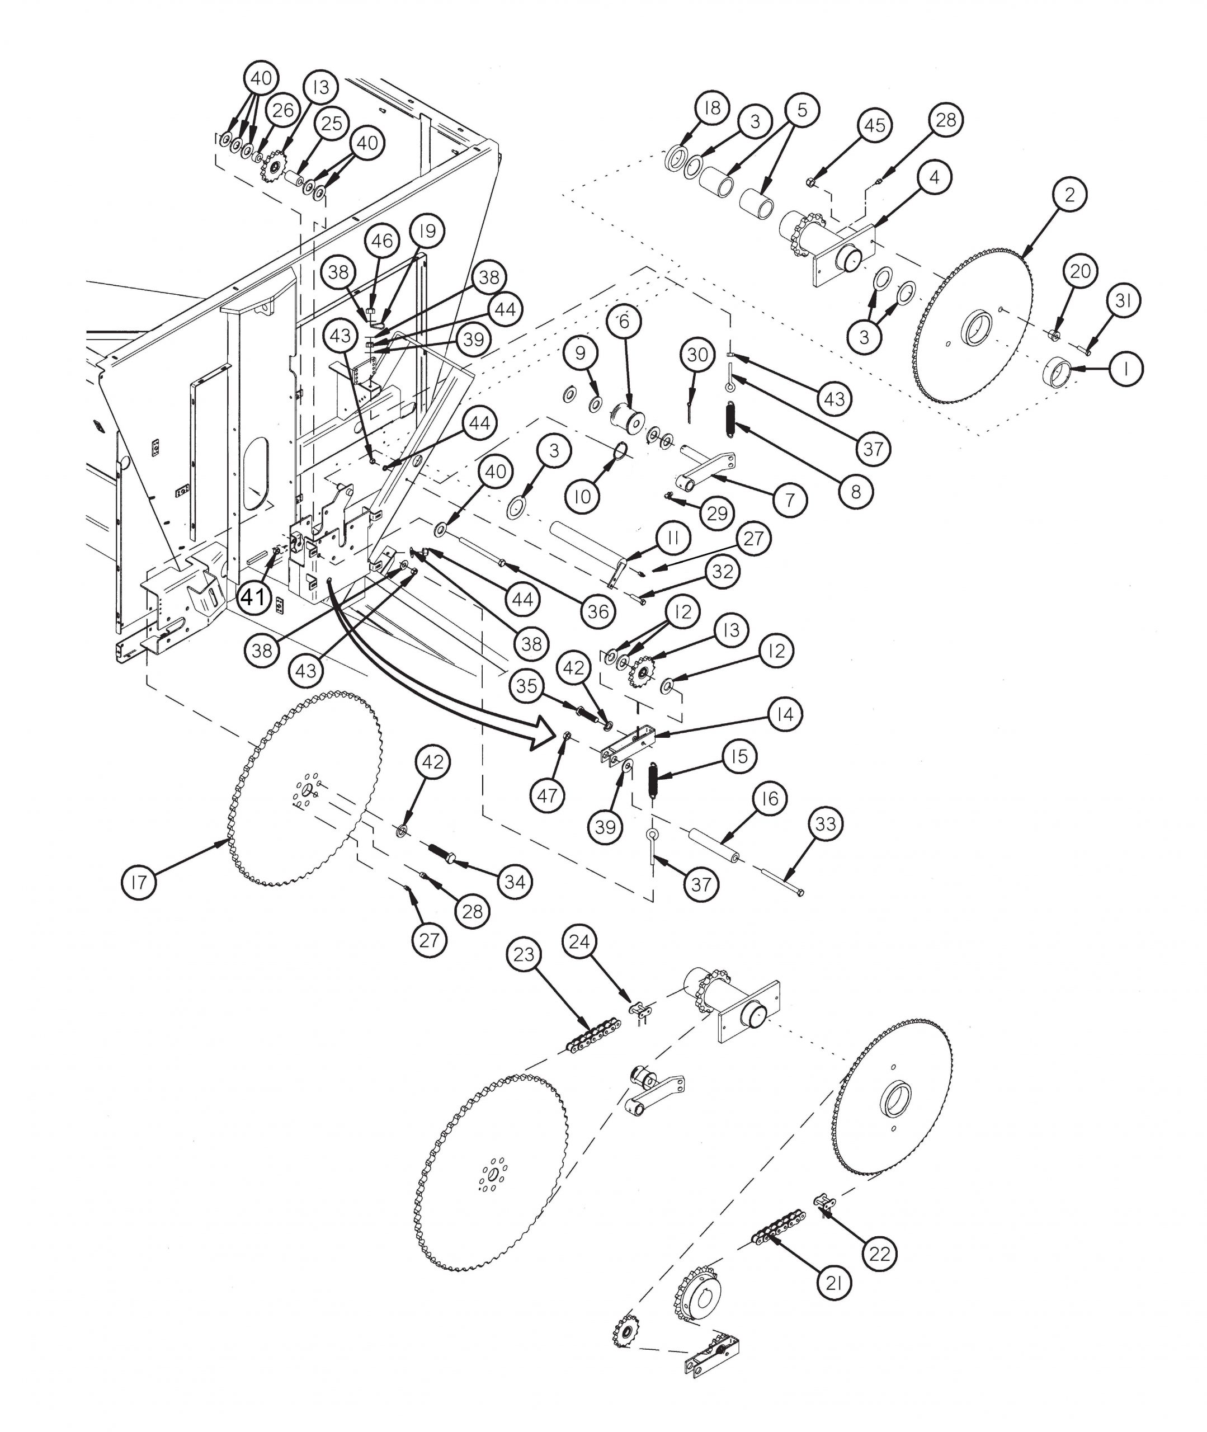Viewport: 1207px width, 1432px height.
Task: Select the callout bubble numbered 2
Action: coord(1070,194)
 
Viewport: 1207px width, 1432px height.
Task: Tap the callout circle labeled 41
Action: coord(254,597)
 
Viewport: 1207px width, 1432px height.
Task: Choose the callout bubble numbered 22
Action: coord(880,1254)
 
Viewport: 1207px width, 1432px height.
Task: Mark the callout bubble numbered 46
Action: coord(382,241)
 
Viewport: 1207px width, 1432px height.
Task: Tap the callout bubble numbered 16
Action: coord(770,798)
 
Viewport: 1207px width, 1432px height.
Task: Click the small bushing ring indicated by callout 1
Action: coord(1058,374)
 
